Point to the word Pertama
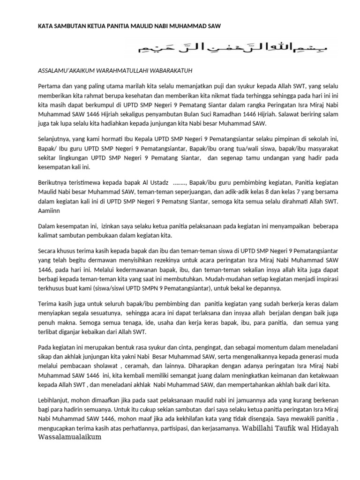point(48,85)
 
